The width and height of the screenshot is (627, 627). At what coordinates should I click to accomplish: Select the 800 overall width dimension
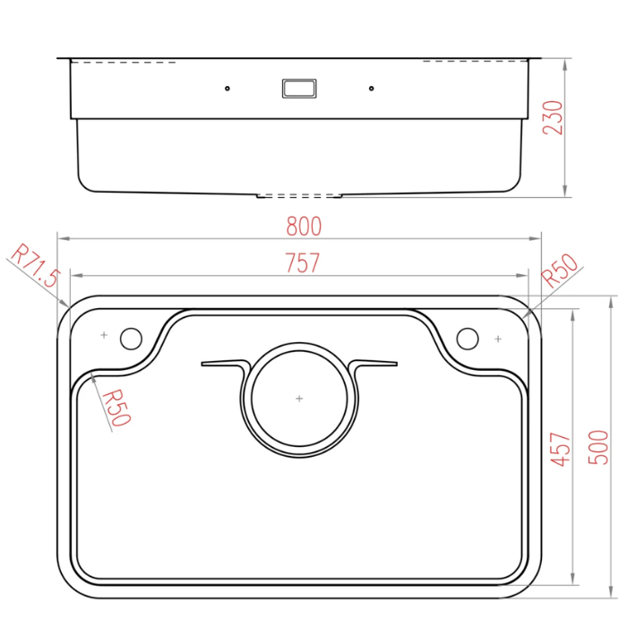pyautogui.click(x=304, y=226)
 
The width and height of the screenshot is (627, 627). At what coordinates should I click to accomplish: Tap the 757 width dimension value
pyautogui.click(x=303, y=263)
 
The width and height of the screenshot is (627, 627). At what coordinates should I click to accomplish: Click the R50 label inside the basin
pyautogui.click(x=116, y=408)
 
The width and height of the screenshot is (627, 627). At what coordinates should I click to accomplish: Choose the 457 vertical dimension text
pyautogui.click(x=560, y=448)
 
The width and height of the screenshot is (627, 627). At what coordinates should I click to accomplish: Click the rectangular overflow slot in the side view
pyautogui.click(x=298, y=88)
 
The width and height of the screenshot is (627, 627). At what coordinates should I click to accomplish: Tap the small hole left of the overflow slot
pyautogui.click(x=228, y=89)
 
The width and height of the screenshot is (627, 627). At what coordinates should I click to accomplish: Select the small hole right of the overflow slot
pyautogui.click(x=370, y=89)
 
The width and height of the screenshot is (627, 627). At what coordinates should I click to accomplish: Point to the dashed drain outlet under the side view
pyautogui.click(x=299, y=194)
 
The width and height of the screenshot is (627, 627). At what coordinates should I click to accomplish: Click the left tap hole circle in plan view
pyautogui.click(x=131, y=338)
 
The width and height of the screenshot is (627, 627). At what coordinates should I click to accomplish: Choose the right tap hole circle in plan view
pyautogui.click(x=467, y=338)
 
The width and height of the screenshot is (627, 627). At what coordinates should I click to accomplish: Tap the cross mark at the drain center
pyautogui.click(x=299, y=397)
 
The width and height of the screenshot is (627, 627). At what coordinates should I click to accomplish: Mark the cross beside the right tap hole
pyautogui.click(x=497, y=339)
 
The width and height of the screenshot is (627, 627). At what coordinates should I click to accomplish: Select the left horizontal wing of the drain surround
pyautogui.click(x=222, y=363)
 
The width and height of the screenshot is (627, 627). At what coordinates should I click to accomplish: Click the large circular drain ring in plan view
pyautogui.click(x=299, y=346)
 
